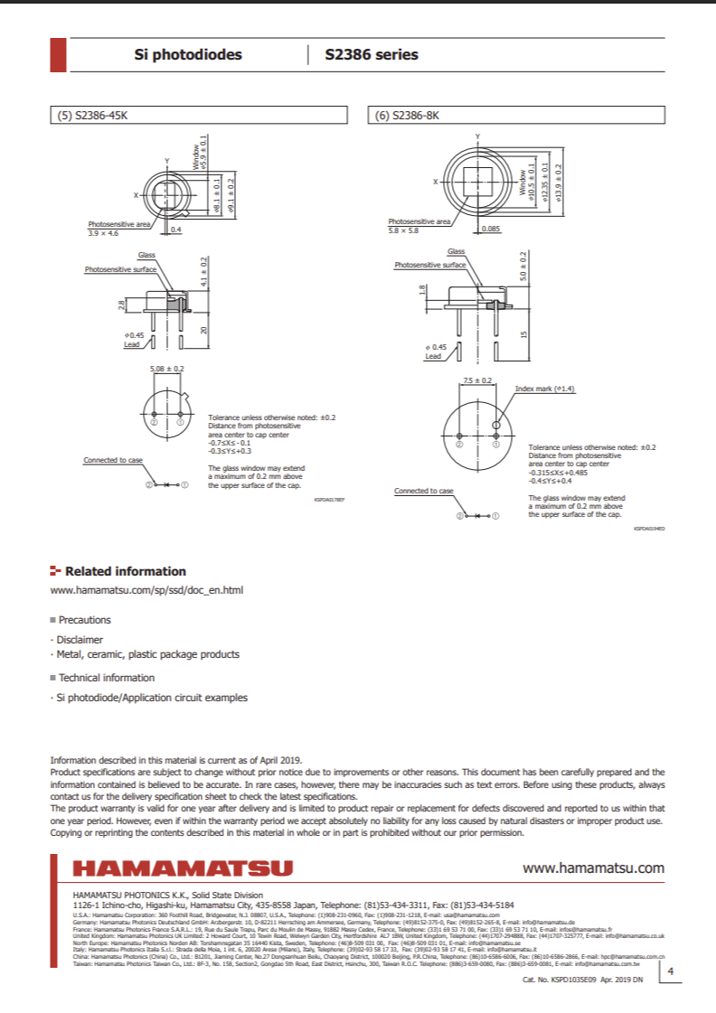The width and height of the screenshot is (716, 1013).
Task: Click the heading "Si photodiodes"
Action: (188, 54)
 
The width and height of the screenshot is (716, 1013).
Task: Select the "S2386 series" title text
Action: (372, 54)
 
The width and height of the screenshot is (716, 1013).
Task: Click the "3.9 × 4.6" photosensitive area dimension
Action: (103, 233)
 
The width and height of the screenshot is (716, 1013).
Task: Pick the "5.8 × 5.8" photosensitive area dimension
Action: (403, 231)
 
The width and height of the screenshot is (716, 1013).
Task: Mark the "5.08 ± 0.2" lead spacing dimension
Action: (166, 369)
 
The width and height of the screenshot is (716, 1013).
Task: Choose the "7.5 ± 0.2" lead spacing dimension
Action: (477, 380)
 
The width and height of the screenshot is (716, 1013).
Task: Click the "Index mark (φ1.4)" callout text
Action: (545, 389)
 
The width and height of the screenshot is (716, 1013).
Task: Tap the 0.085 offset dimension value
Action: (491, 229)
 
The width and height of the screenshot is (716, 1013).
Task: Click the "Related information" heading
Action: (126, 571)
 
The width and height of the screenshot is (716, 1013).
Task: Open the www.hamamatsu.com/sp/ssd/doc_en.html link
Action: (146, 590)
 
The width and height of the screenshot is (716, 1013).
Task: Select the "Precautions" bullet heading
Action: (84, 620)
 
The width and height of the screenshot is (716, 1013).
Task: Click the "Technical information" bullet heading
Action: (107, 678)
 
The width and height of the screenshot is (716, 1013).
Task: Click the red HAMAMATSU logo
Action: (183, 868)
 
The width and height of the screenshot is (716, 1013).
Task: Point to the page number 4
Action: (670, 971)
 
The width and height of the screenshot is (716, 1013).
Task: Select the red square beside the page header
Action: (58, 54)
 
